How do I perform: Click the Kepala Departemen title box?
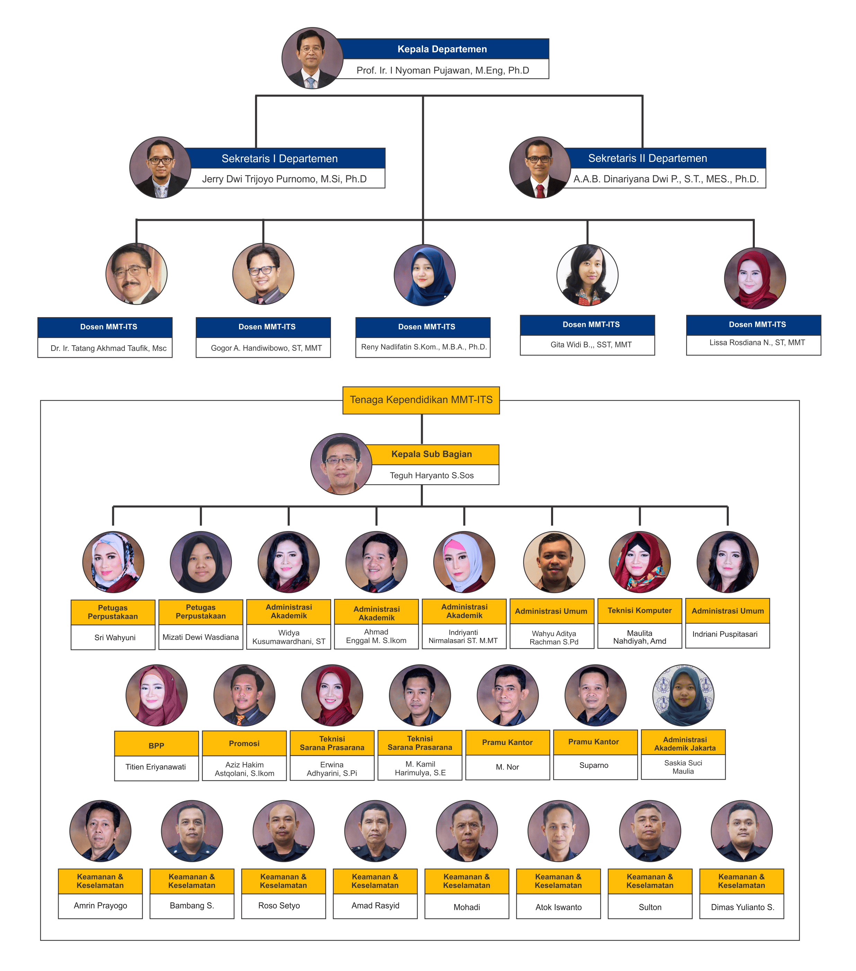tap(442, 49)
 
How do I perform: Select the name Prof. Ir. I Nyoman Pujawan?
tap(442, 70)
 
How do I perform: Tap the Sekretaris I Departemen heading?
tap(280, 159)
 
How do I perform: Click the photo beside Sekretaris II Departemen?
tap(540, 167)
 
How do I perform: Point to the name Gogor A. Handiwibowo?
tap(266, 348)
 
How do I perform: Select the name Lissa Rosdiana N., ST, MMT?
tap(757, 343)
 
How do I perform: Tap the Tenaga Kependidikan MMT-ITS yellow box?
tap(421, 400)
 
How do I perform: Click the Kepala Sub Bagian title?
tap(431, 454)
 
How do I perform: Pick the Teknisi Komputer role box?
tap(639, 610)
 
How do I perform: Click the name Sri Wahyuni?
tap(114, 638)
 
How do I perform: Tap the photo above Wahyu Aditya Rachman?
tap(554, 562)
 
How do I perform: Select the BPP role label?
tap(156, 746)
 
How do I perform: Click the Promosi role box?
tap(244, 744)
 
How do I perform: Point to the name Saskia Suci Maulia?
tap(683, 767)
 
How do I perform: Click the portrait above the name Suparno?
tap(595, 695)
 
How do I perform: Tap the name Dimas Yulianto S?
tap(742, 907)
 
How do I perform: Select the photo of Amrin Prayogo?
tap(100, 831)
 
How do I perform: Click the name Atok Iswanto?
tap(558, 907)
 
